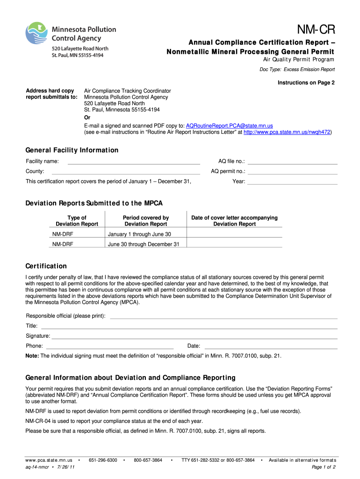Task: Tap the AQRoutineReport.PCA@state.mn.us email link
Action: click(229, 126)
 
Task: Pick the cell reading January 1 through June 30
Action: click(139, 234)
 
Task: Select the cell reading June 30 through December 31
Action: click(144, 244)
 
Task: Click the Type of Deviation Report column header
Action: click(77, 221)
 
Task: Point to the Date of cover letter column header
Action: click(234, 221)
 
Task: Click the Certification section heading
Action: click(46, 266)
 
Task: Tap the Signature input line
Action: click(194, 336)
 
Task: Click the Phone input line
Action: click(109, 346)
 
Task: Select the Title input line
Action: click(189, 326)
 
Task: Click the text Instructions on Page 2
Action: click(307, 83)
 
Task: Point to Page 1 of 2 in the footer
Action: click(324, 467)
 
